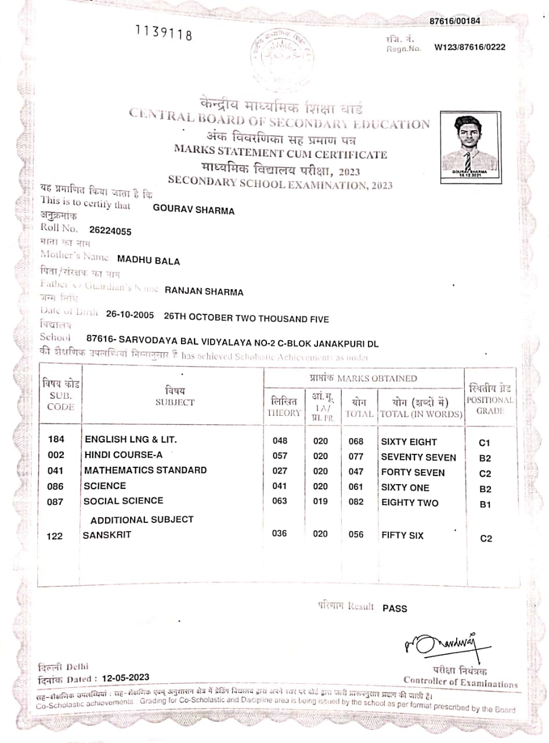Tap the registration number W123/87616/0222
[x=469, y=47]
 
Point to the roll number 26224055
[x=110, y=231]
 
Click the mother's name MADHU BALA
[x=149, y=261]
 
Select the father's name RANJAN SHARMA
[x=204, y=291]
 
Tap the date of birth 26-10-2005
[x=130, y=315]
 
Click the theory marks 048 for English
[x=280, y=441]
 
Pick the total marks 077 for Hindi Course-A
[x=356, y=457]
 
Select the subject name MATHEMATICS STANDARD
[x=145, y=470]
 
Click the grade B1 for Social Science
[x=485, y=504]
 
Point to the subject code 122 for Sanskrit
[x=55, y=536]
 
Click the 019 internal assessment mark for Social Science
[x=320, y=502]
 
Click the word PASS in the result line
[x=395, y=608]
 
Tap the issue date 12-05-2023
[x=125, y=677]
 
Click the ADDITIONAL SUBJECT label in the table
[x=142, y=520]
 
